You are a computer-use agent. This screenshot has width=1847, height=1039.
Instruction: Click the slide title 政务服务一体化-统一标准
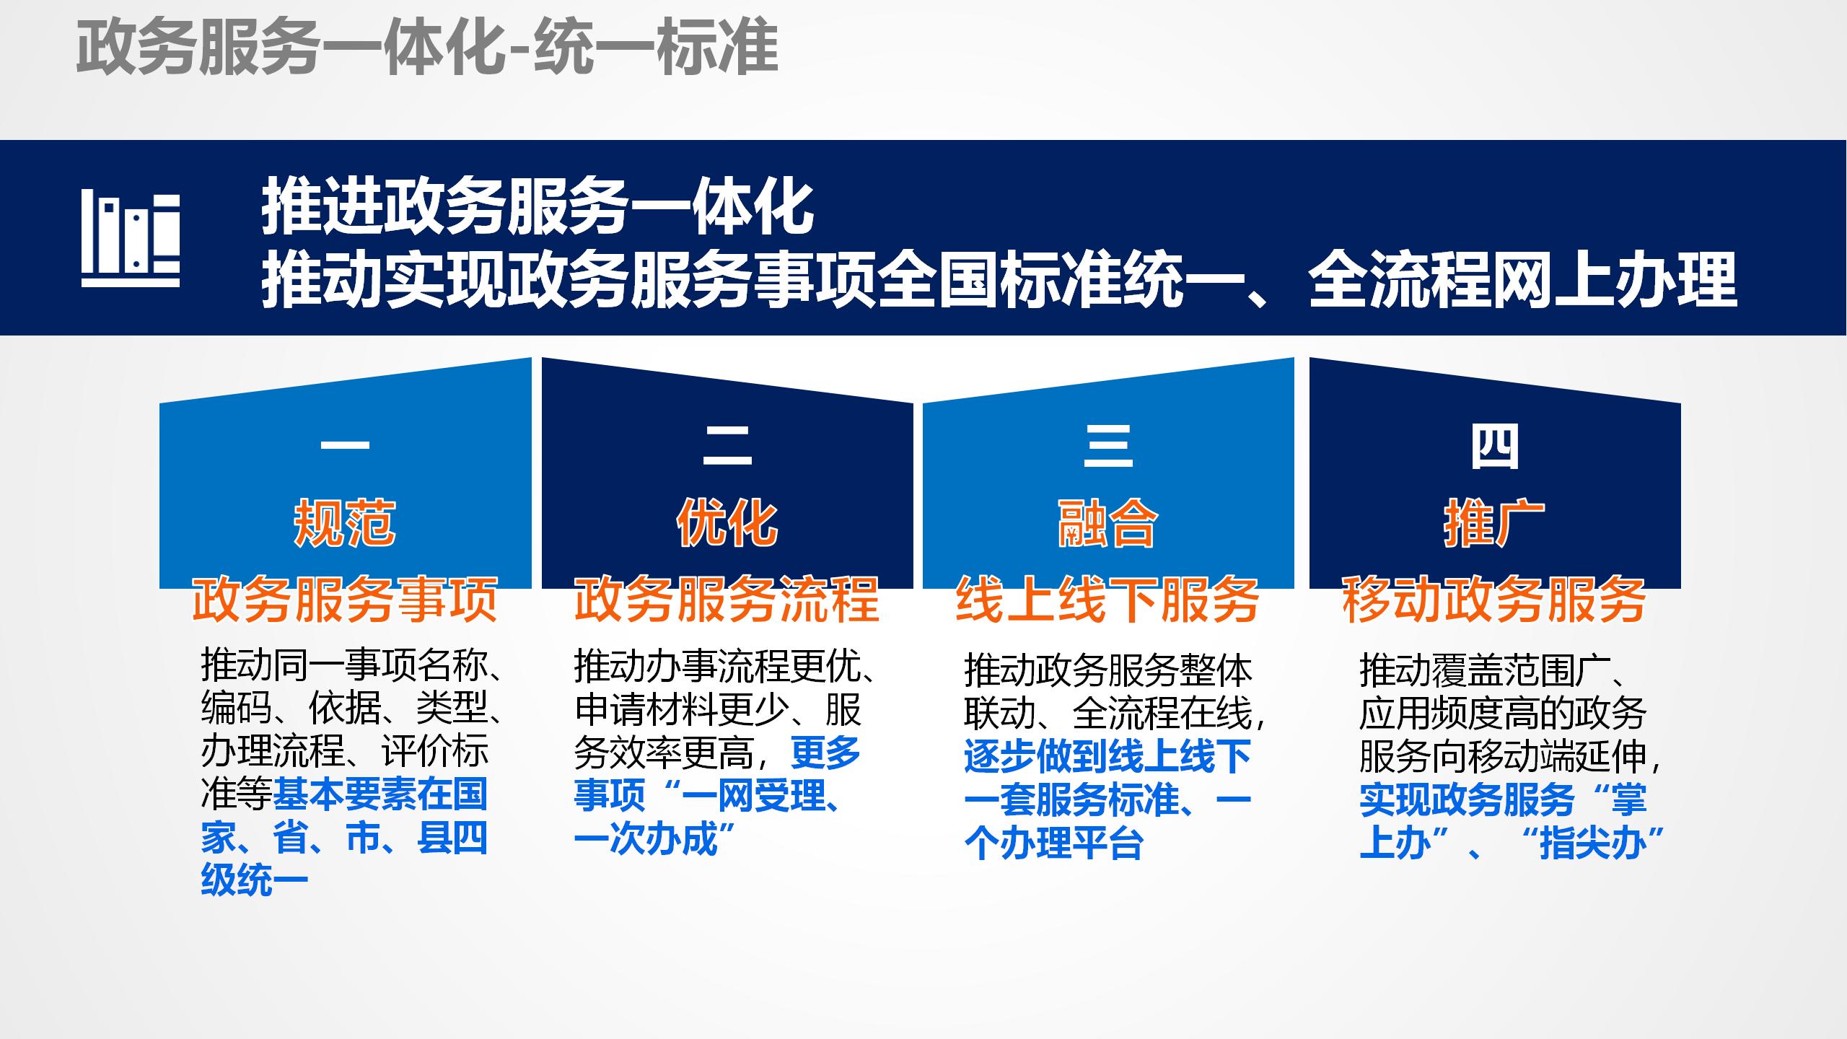click(427, 47)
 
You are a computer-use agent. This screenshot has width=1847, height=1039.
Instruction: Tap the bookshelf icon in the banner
click(131, 239)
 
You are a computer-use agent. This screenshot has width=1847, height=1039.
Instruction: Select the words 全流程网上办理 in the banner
click(1522, 280)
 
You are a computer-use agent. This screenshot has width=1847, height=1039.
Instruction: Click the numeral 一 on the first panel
click(345, 445)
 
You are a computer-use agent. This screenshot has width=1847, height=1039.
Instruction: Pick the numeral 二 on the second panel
click(727, 445)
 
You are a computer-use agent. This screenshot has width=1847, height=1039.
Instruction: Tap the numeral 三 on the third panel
click(1108, 445)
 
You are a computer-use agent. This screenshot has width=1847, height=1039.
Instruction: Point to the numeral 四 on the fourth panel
click(1495, 447)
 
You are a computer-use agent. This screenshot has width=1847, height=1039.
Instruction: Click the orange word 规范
click(345, 523)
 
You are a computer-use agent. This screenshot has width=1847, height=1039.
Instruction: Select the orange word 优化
click(727, 523)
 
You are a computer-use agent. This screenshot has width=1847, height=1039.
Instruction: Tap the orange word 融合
click(1108, 523)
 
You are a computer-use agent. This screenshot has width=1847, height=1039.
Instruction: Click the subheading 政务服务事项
click(345, 600)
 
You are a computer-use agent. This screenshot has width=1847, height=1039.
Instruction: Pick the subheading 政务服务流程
click(727, 600)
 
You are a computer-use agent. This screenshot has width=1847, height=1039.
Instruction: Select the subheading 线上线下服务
click(1108, 600)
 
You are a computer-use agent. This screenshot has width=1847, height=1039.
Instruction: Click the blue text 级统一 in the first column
click(254, 880)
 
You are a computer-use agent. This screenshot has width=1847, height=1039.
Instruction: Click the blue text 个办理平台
click(1053, 843)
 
